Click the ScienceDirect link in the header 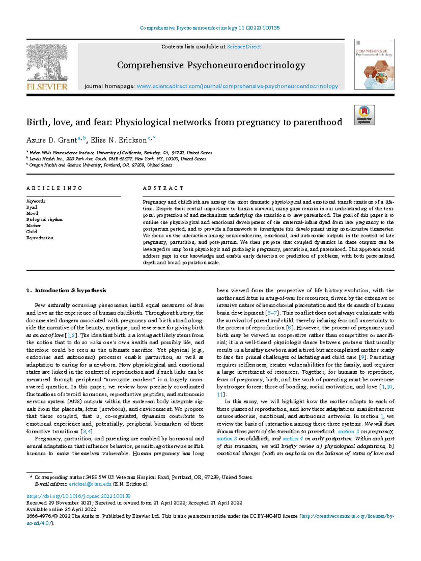pyautogui.click(x=244, y=47)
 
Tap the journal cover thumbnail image pyautogui.click(x=374, y=65)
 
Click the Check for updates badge pyautogui.click(x=364, y=115)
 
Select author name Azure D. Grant pyautogui.click(x=51, y=140)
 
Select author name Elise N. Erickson pyautogui.click(x=119, y=140)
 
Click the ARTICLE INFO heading pyautogui.click(x=54, y=188)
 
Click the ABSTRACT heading pyautogui.click(x=163, y=188)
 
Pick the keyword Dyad pyautogui.click(x=32, y=207)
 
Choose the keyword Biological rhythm pyautogui.click(x=44, y=220)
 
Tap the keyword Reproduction pyautogui.click(x=40, y=238)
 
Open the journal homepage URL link pyautogui.click(x=237, y=86)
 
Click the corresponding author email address pyautogui.click(x=90, y=484)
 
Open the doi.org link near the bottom pyautogui.click(x=79, y=496)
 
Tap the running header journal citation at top pyautogui.click(x=210, y=28)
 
